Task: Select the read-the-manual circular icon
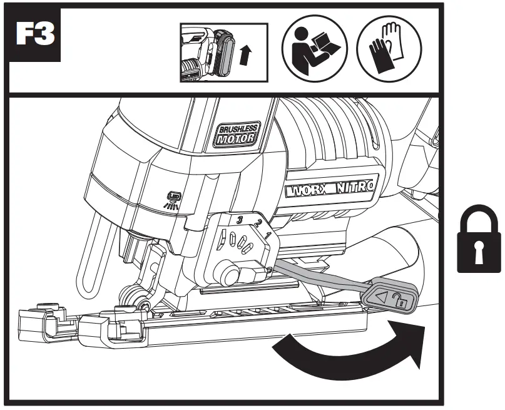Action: (x=312, y=48)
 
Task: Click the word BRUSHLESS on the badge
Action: (x=238, y=130)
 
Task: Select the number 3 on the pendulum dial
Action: (x=238, y=218)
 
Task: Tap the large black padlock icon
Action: (x=479, y=239)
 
